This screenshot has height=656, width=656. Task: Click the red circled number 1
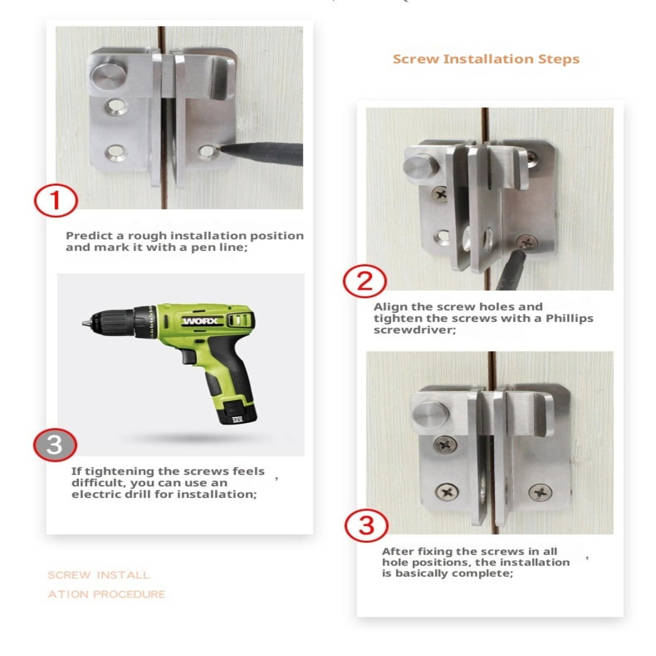point(56,201)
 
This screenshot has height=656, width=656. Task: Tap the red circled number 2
point(365,282)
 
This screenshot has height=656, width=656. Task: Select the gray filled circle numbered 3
point(55,445)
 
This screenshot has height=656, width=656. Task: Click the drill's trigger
point(189,356)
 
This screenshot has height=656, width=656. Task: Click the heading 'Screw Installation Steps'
point(486,59)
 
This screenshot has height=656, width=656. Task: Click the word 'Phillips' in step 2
point(569,318)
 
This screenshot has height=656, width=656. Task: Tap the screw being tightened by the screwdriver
point(526,243)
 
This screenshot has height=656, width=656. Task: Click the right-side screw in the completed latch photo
point(540,492)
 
